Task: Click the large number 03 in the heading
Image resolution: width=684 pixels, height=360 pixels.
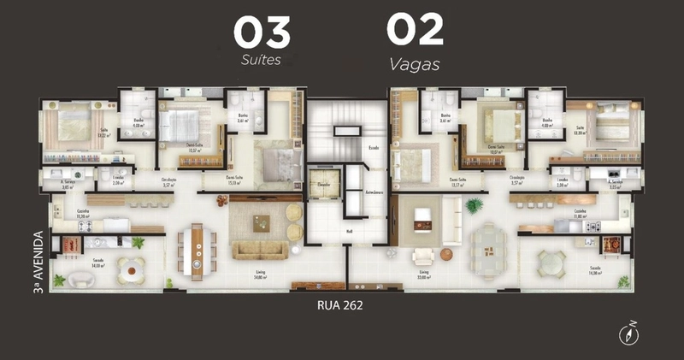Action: (262, 32)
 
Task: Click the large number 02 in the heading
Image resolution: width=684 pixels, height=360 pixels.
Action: (415, 30)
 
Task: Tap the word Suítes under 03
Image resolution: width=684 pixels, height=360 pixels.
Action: (262, 62)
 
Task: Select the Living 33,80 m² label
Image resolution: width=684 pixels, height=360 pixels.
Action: (423, 275)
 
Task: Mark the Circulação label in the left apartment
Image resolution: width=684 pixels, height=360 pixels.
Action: (169, 181)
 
